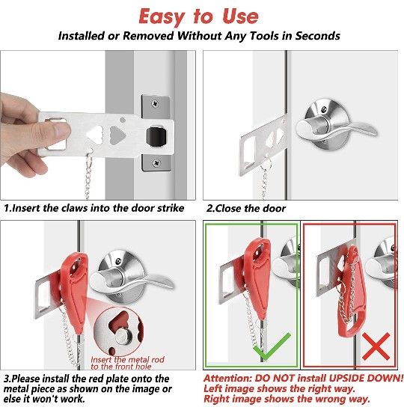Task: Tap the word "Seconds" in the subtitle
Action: (315, 36)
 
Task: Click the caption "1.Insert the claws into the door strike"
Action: (92, 209)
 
